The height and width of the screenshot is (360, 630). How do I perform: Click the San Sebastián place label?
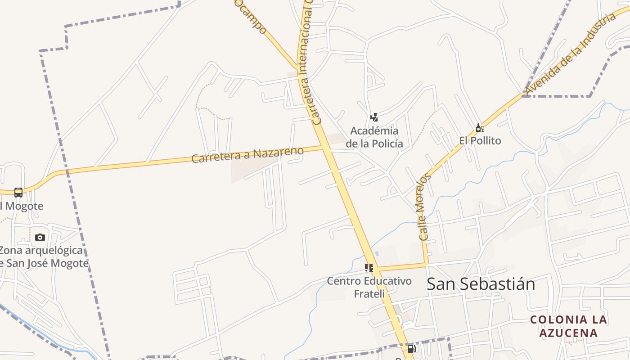click(x=481, y=284)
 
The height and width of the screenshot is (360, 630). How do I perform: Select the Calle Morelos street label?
click(x=424, y=207)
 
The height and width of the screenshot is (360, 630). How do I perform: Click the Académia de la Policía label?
click(x=374, y=137)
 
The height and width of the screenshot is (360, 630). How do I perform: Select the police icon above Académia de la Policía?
click(x=374, y=117)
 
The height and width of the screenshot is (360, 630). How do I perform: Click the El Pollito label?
click(x=480, y=140)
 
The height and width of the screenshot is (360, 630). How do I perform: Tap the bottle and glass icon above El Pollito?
click(x=480, y=128)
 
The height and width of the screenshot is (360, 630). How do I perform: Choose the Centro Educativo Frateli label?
click(x=369, y=287)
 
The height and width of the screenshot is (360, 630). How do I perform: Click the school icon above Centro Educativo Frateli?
click(x=369, y=268)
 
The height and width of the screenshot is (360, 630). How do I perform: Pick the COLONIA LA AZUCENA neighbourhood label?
click(x=568, y=326)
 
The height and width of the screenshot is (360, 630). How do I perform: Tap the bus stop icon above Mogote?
click(x=18, y=193)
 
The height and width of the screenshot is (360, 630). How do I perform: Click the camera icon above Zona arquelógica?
click(x=40, y=237)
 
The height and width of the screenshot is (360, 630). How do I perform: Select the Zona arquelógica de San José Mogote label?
click(x=43, y=256)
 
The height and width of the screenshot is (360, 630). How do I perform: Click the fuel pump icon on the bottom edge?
click(x=411, y=349)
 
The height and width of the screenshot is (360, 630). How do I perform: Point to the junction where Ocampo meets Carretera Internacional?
click(x=297, y=68)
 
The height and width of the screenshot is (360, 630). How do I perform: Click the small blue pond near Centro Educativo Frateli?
click(x=377, y=253)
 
